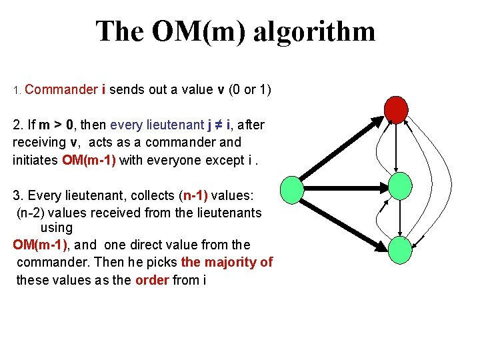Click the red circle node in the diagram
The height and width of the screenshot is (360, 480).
point(397,109)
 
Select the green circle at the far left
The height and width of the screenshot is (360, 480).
point(292,190)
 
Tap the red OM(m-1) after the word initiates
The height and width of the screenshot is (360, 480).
point(89,160)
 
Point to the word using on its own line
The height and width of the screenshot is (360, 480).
point(57,228)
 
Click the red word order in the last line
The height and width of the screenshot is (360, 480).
point(152,280)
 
